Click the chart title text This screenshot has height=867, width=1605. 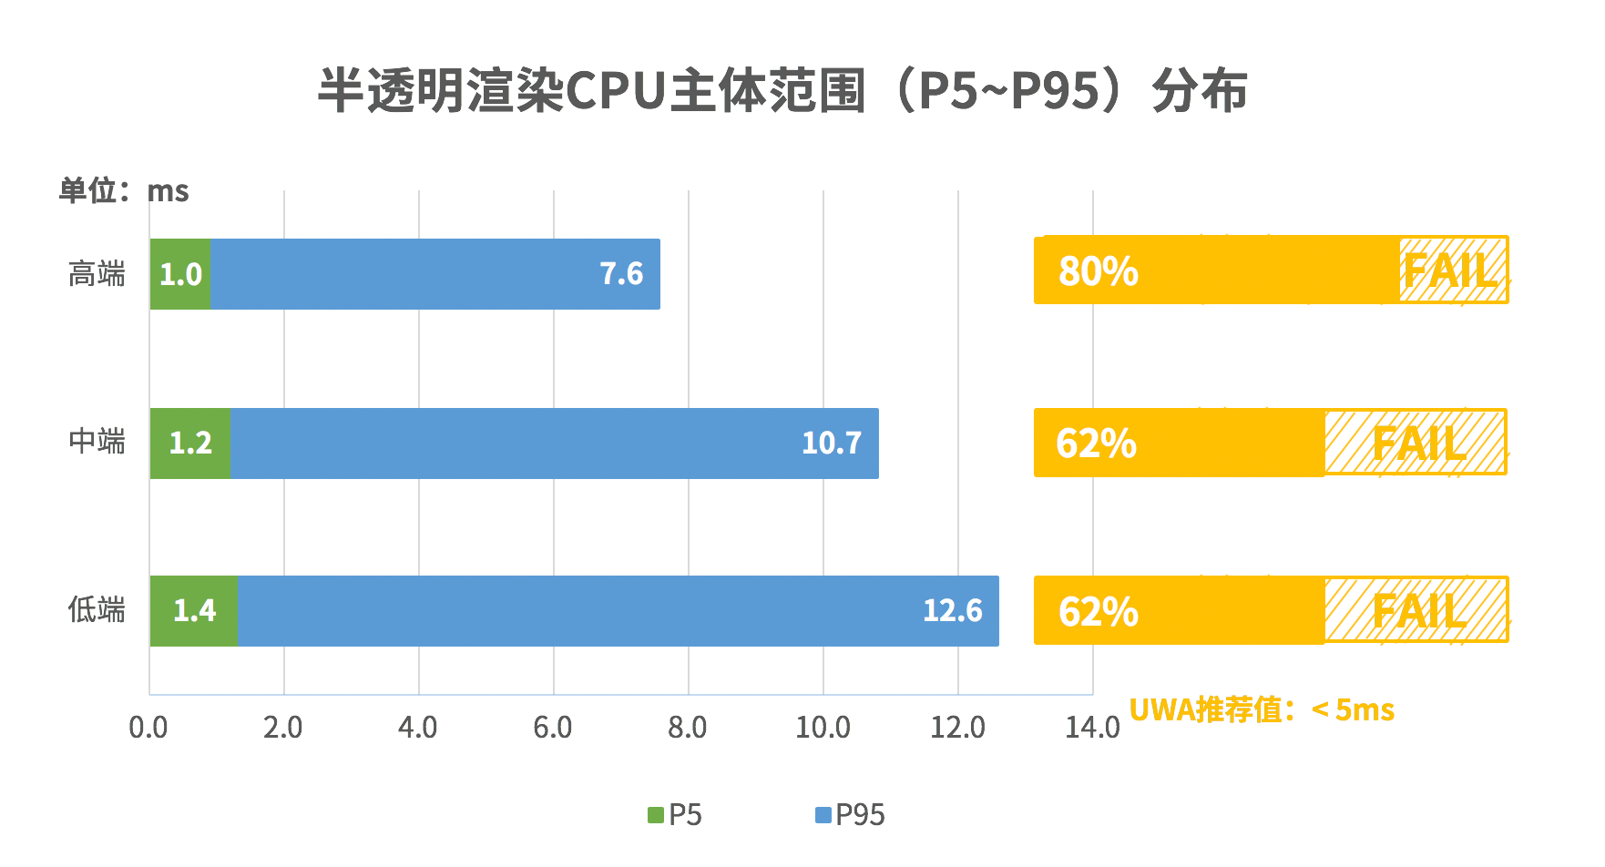tap(782, 90)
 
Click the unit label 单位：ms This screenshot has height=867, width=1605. tap(123, 191)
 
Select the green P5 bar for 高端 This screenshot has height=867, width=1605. tap(180, 274)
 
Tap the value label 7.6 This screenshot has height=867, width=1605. tap(621, 274)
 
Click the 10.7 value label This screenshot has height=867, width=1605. tap(831, 444)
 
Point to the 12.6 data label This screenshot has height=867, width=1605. tap(952, 611)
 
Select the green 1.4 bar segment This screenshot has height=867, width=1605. tap(194, 611)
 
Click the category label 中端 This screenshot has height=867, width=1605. tap(97, 442)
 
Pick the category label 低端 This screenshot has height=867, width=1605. tap(97, 609)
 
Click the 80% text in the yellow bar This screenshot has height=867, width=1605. tap(1098, 271)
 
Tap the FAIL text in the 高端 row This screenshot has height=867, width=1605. tap(1450, 270)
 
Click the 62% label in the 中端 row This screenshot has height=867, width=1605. tap(1096, 444)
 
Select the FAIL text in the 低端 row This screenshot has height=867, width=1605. tap(1419, 611)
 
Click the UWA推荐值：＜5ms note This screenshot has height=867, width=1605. tap(1262, 709)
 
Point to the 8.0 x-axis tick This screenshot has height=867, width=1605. tap(688, 728)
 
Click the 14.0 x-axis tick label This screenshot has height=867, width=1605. tap(1092, 728)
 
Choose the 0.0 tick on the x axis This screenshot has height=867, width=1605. tap(148, 728)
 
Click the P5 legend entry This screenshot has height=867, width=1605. tap(675, 815)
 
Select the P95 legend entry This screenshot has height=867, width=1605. tap(850, 815)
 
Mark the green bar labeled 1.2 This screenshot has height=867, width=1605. tap(190, 444)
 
